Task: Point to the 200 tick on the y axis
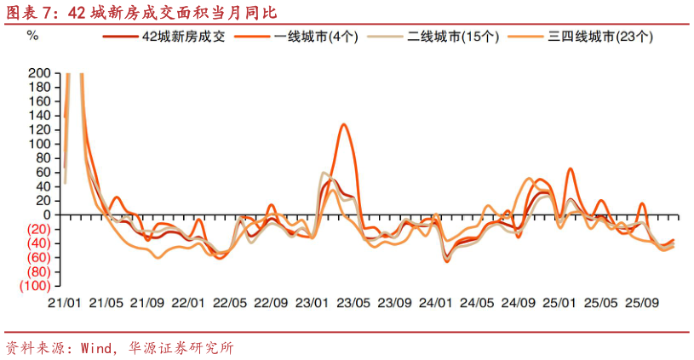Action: pyautogui.click(x=40, y=73)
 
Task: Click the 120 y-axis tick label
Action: pyautogui.click(x=40, y=129)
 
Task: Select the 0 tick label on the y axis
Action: pyautogui.click(x=47, y=214)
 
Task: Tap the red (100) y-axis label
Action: pyautogui.click(x=36, y=286)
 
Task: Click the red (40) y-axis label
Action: pyautogui.click(x=38, y=243)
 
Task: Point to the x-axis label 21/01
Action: pyautogui.click(x=64, y=303)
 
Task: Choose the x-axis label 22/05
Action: pyautogui.click(x=229, y=303)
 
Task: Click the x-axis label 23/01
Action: pyautogui.click(x=312, y=303)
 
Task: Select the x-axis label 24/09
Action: pyautogui.click(x=518, y=303)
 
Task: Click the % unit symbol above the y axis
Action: pyautogui.click(x=32, y=36)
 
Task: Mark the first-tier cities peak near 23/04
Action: pyautogui.click(x=343, y=124)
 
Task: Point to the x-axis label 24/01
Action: pyautogui.click(x=435, y=303)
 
